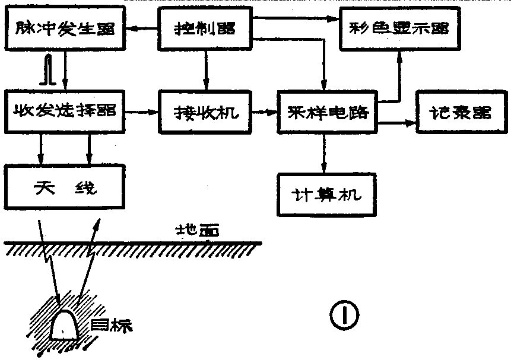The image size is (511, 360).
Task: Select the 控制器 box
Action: (205, 28)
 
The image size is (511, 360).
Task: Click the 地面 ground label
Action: (194, 230)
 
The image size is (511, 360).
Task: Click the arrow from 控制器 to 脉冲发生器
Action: (142, 27)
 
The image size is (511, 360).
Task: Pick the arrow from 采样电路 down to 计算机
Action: (325, 152)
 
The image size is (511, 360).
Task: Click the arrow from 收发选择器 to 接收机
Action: (142, 111)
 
